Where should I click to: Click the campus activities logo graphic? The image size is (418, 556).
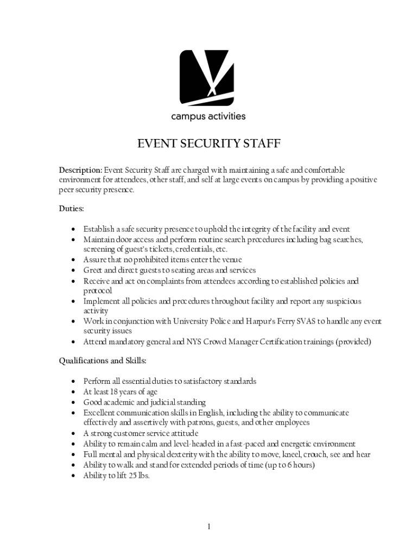tap(207, 78)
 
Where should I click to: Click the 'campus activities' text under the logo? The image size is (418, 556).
tap(208, 116)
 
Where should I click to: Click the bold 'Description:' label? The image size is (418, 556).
tap(80, 170)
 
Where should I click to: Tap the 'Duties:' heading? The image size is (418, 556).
tap(71, 208)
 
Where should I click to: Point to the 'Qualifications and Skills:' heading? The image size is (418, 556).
tap(103, 361)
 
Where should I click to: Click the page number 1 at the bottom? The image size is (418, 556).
tap(209, 526)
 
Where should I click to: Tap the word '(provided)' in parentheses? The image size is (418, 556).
tap(353, 342)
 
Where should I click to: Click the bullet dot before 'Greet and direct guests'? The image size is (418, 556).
tap(72, 270)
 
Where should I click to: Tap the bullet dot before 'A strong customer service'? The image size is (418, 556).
tap(72, 434)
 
